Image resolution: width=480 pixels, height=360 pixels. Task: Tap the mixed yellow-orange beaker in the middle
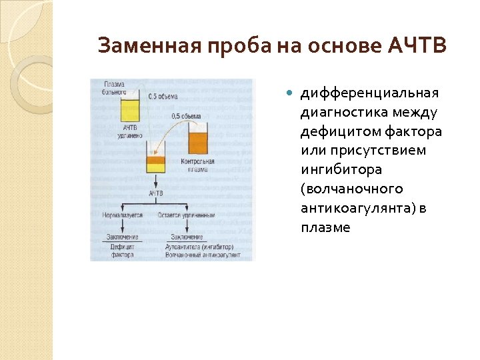click(156, 163)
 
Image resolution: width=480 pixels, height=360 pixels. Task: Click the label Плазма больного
click(117, 87)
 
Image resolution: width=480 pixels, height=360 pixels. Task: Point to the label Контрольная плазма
click(198, 165)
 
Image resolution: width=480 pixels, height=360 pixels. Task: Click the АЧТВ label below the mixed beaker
click(156, 194)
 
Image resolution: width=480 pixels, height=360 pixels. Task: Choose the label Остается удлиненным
click(187, 215)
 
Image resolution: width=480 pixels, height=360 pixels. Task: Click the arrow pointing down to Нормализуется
click(123, 207)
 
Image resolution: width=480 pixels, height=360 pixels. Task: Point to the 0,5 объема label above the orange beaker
click(185, 116)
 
